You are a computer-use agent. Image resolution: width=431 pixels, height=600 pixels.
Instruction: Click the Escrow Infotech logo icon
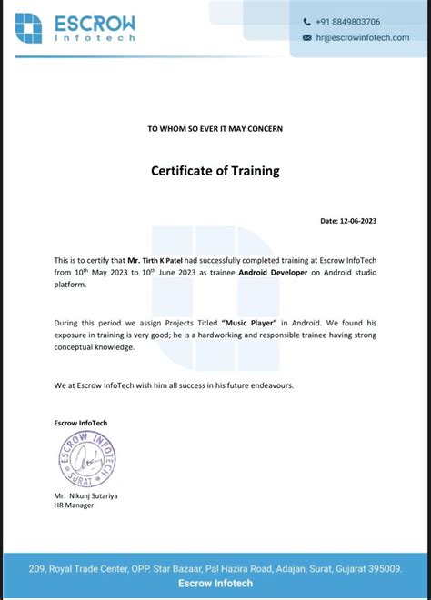point(28,28)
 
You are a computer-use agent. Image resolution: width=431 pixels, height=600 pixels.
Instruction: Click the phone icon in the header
point(306,22)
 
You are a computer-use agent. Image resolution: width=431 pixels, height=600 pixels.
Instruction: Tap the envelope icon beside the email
point(306,37)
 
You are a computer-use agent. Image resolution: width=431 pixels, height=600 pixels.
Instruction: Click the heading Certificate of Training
point(215,171)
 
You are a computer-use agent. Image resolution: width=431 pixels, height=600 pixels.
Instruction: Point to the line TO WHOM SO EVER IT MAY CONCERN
point(215,129)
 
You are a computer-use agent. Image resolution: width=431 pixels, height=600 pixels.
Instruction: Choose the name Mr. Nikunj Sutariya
point(85,496)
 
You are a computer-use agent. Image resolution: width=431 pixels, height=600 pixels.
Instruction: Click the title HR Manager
point(74,505)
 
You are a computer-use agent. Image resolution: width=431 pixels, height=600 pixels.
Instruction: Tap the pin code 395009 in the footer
point(381,569)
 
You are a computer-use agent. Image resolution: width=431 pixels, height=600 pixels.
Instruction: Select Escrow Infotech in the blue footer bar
point(215,583)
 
